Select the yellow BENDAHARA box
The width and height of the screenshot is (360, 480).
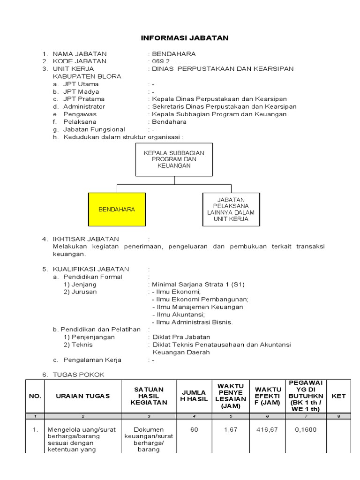click(x=117, y=210)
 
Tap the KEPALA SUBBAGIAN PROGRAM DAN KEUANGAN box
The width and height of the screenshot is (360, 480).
click(x=174, y=160)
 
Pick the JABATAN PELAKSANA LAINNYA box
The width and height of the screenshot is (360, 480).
click(x=231, y=210)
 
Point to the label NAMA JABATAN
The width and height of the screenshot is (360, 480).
click(x=80, y=54)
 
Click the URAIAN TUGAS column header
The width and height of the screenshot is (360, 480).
click(x=82, y=396)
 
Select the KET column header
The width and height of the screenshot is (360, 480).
click(x=338, y=396)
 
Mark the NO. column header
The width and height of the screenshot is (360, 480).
click(x=35, y=396)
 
